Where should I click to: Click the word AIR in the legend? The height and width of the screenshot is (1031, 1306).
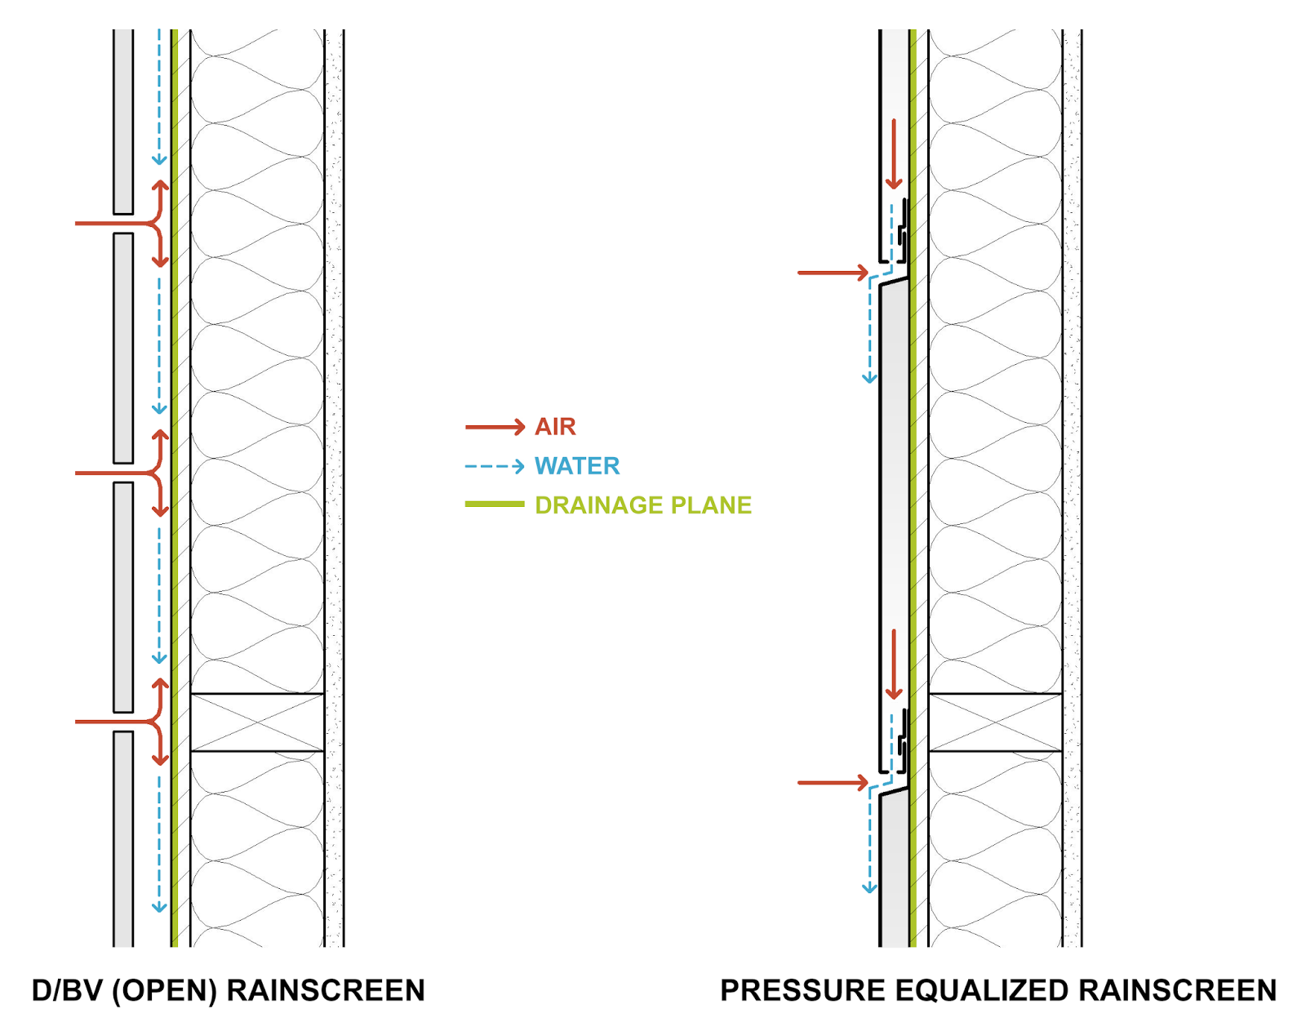(555, 427)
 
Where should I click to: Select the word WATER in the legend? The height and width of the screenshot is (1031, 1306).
(577, 466)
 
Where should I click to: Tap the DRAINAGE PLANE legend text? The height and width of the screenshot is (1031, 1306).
(643, 505)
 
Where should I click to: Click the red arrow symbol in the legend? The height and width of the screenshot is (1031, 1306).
(495, 427)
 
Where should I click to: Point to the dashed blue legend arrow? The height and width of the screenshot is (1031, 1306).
(495, 466)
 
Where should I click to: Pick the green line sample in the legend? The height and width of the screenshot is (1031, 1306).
(495, 504)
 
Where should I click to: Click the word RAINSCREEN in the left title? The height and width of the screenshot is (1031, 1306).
(326, 990)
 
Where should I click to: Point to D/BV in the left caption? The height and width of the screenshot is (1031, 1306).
(68, 990)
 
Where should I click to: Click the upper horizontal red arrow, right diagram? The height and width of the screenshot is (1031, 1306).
(833, 273)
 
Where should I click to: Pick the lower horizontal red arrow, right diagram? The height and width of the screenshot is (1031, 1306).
(833, 783)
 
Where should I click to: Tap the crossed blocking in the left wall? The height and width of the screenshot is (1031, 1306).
(257, 722)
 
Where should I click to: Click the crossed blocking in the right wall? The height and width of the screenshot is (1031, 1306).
(996, 722)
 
